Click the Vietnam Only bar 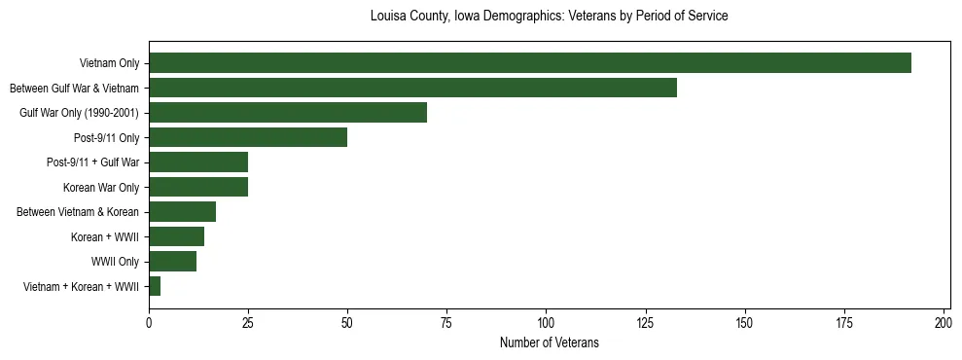tap(530, 63)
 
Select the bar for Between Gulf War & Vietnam tap(412, 88)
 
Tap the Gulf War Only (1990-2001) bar tap(288, 113)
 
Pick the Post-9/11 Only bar tap(248, 137)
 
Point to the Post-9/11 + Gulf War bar tap(198, 162)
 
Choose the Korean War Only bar tap(198, 187)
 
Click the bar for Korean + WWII tap(177, 236)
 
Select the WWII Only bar tap(173, 262)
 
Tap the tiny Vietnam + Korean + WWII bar tap(155, 286)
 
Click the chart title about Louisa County tap(550, 17)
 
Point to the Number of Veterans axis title tap(550, 342)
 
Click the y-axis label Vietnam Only tap(109, 64)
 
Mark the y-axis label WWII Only tap(115, 262)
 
